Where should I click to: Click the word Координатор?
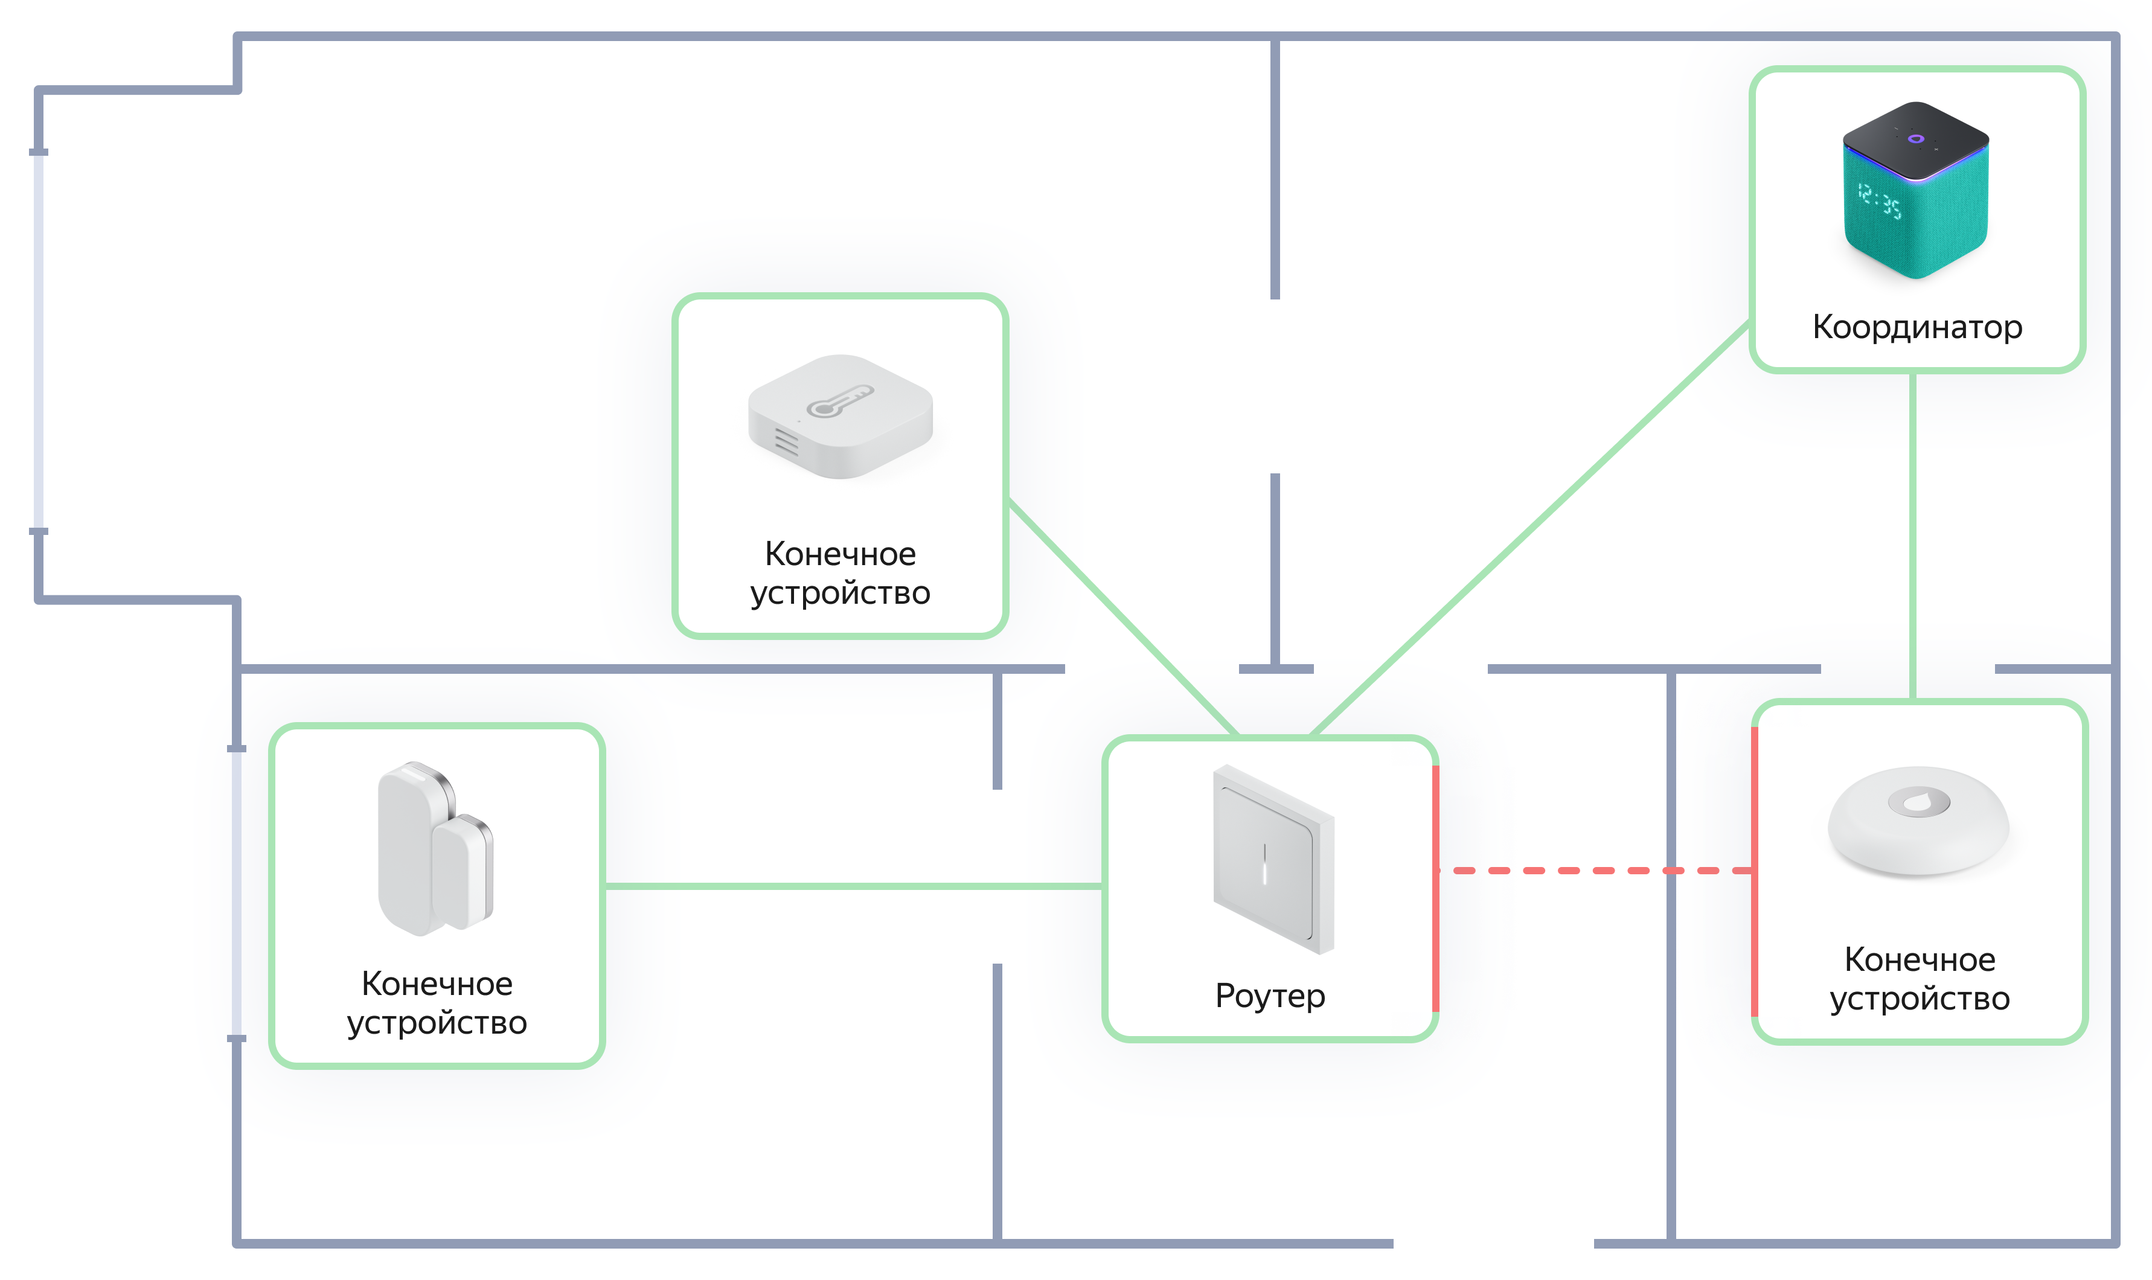point(1916,327)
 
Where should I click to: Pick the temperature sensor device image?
point(839,416)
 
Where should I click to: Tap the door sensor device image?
point(435,849)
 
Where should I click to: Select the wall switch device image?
point(1272,859)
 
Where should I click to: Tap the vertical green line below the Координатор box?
point(1912,535)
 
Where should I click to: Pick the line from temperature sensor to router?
point(1121,616)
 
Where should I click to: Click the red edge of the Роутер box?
point(1435,888)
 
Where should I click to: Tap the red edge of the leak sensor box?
point(1753,871)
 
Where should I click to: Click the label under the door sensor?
point(437,1003)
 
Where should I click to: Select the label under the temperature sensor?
point(839,574)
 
